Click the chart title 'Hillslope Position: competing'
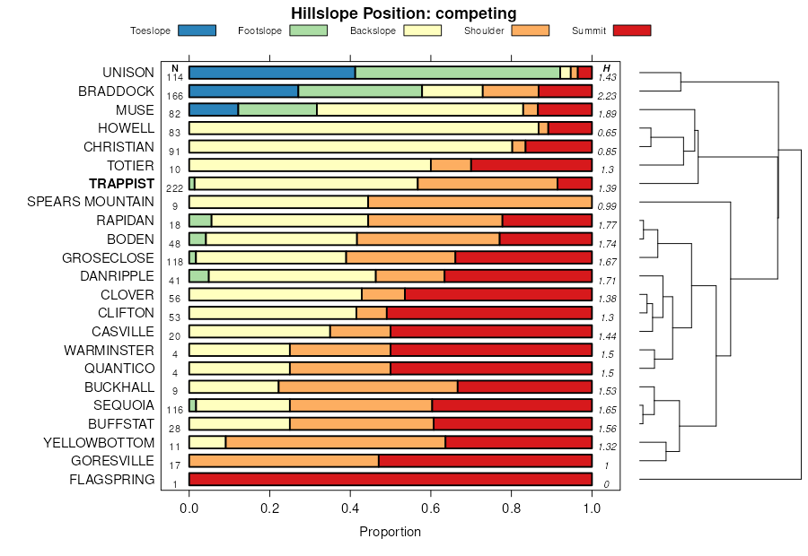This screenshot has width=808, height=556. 403,13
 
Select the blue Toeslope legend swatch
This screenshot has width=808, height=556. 198,30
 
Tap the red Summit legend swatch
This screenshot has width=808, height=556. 631,30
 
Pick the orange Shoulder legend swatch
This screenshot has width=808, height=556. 530,30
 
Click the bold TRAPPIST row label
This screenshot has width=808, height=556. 121,183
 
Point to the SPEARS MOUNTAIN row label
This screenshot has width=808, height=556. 91,202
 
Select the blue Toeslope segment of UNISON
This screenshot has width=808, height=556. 272,73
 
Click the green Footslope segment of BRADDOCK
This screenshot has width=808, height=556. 360,91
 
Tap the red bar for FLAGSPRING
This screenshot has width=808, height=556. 391,480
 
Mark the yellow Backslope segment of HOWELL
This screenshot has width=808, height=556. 364,128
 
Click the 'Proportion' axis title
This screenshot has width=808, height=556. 391,532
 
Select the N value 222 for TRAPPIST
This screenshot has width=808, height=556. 175,188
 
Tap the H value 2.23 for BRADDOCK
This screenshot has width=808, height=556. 608,96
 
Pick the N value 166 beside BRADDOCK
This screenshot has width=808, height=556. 175,96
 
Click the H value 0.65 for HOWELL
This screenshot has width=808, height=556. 608,133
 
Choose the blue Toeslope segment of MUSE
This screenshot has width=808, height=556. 214,109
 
